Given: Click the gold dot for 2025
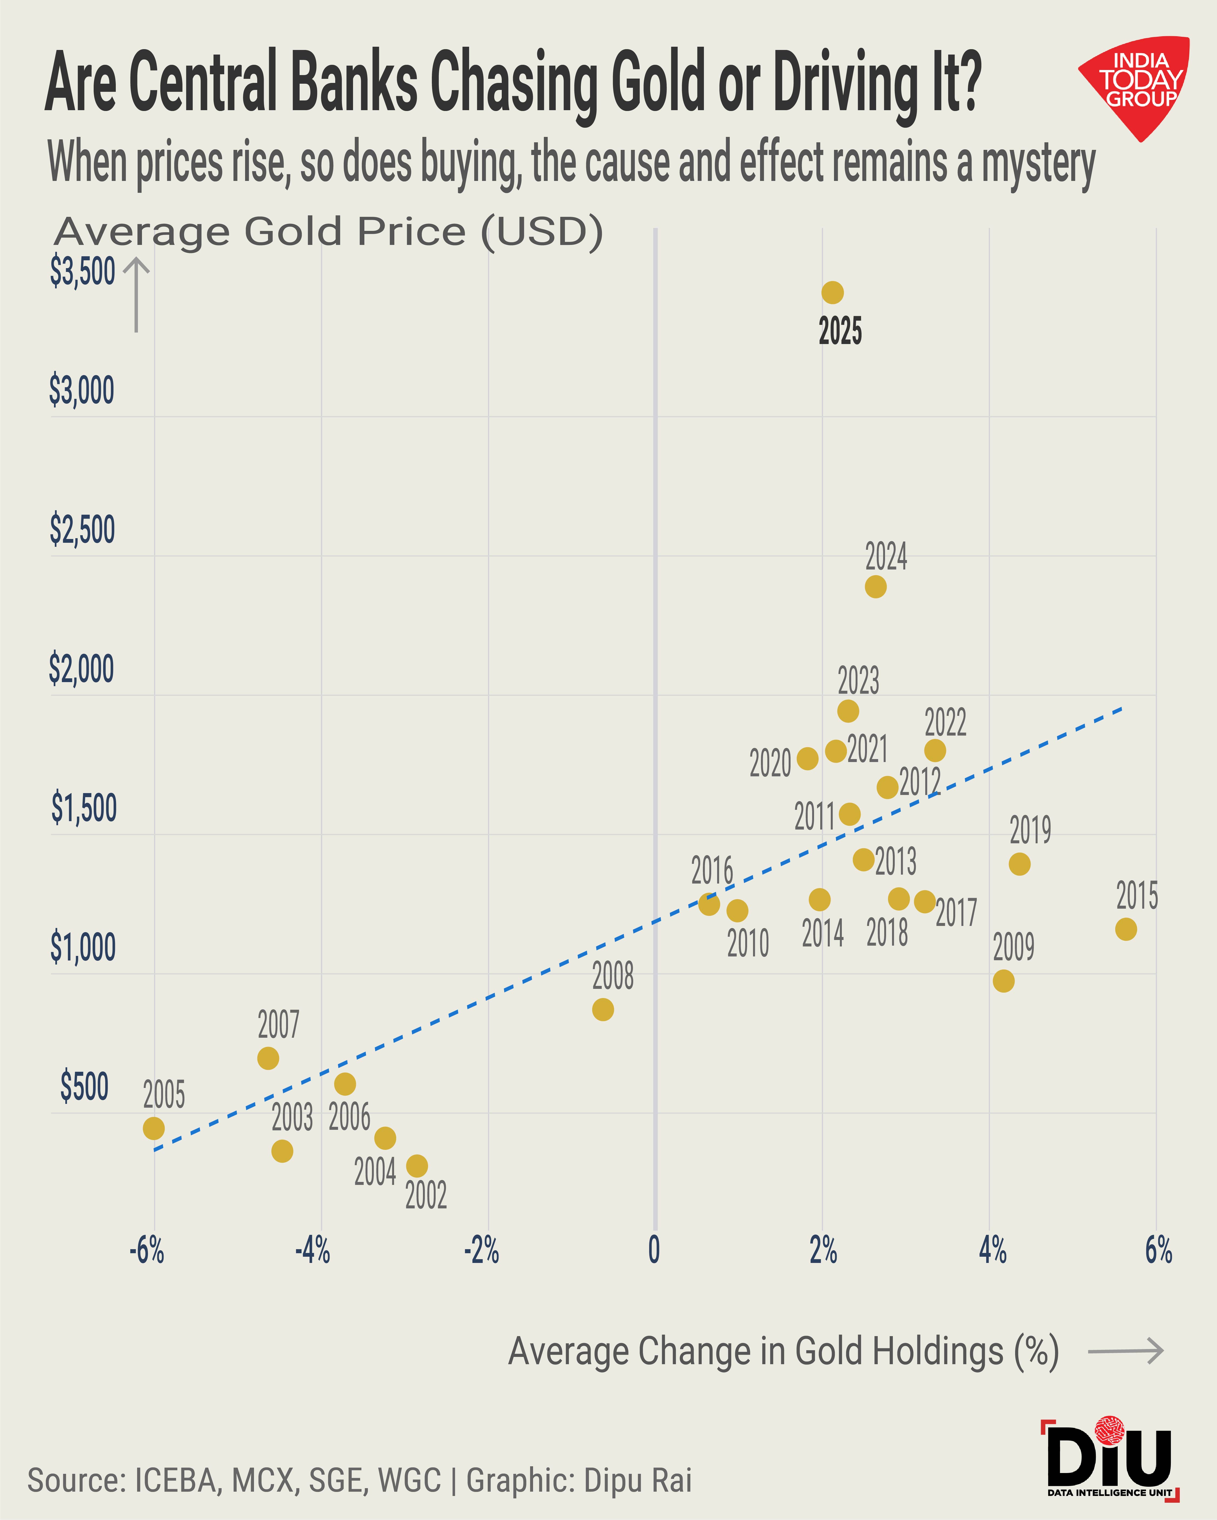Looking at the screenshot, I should tap(832, 292).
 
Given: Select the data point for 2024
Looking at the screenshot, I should tap(875, 586).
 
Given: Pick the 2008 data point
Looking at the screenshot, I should tap(602, 1009).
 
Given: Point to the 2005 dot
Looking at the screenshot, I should tap(154, 1128).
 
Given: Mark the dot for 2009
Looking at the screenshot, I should tap(1003, 980).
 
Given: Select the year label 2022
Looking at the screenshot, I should tap(945, 723).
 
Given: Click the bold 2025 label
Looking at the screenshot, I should tap(840, 331).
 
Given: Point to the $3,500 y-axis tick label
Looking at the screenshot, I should tap(82, 271).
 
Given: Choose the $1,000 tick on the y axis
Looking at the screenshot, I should tap(82, 947).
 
